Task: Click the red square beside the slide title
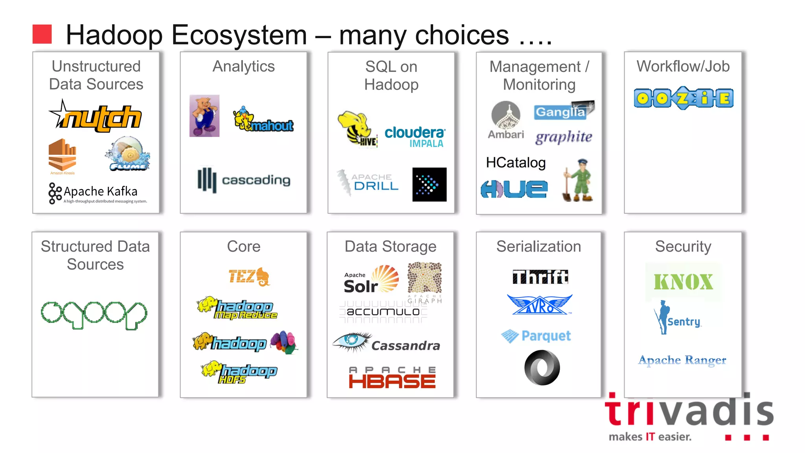coord(42,34)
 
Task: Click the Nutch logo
coord(96,117)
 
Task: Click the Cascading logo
coord(244,180)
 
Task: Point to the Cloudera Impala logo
coord(415,136)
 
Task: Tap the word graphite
coord(564,137)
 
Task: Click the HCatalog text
coord(516,162)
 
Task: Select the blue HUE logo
coord(514,189)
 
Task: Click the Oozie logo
coord(684,98)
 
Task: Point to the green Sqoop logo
coord(94,315)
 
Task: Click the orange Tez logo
coord(249,276)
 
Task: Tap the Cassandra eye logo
coord(351,341)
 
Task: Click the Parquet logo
coord(536,336)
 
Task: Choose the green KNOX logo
coord(683,282)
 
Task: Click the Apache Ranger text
coord(682,360)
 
